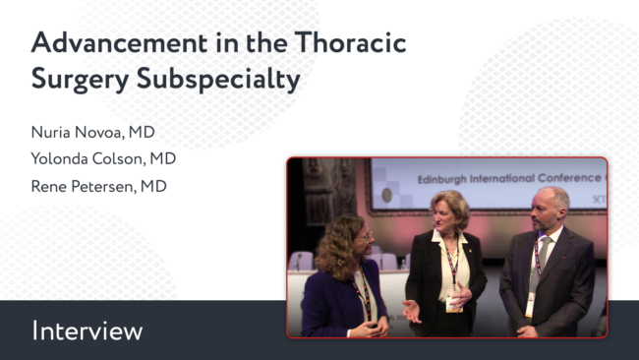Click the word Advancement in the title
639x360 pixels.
tap(119, 43)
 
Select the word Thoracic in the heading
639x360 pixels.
tap(351, 43)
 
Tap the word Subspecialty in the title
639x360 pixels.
tap(218, 79)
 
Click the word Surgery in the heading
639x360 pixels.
tap(81, 80)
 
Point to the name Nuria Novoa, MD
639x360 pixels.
tap(93, 132)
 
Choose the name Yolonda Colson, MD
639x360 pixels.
tap(103, 158)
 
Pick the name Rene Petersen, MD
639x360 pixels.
tap(99, 186)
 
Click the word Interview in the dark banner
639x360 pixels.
tap(87, 330)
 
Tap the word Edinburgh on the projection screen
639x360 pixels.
tap(441, 179)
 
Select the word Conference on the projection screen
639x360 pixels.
tap(569, 178)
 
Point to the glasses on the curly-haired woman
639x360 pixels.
tap(365, 237)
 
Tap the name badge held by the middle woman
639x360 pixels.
tap(453, 302)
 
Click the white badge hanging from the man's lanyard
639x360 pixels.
tap(530, 305)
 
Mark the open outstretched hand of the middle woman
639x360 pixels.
tap(412, 311)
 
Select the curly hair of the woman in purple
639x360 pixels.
tap(337, 246)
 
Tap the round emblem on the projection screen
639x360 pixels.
tap(386, 196)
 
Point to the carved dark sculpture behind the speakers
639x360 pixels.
tap(328, 191)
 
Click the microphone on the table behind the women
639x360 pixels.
tap(298, 261)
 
